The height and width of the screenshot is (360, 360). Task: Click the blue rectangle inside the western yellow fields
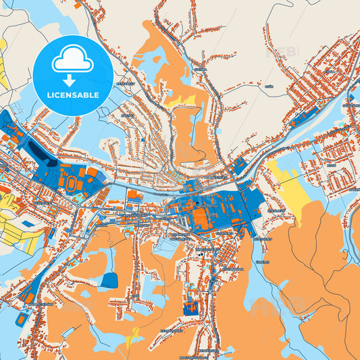pyautogui.click(x=28, y=223)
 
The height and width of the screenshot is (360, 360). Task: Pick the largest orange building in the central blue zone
pyautogui.click(x=201, y=217)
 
